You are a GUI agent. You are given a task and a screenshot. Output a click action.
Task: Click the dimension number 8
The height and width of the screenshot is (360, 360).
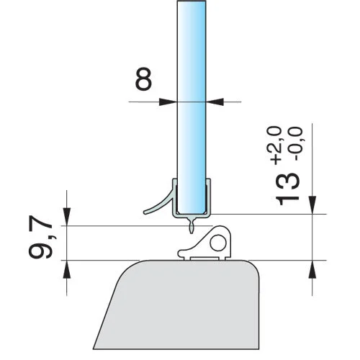pos(143,78)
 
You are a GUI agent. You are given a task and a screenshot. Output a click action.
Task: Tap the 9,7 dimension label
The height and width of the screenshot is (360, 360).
pos(40,236)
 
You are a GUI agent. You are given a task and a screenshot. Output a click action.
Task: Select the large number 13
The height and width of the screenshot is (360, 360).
pos(287,189)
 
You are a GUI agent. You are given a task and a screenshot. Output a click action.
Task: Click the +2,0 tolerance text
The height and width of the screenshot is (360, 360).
pos(276,146)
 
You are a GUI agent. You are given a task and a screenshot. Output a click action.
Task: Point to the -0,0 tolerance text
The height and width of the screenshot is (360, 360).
pos(297,143)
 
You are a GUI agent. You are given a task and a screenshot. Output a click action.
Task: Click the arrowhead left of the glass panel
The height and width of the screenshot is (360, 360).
pos(168,102)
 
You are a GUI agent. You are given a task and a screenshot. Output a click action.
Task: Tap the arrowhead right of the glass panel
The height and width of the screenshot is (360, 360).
pos(215,102)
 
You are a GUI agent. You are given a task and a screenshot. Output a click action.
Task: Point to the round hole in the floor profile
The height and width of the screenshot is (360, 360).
pos(218,243)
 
